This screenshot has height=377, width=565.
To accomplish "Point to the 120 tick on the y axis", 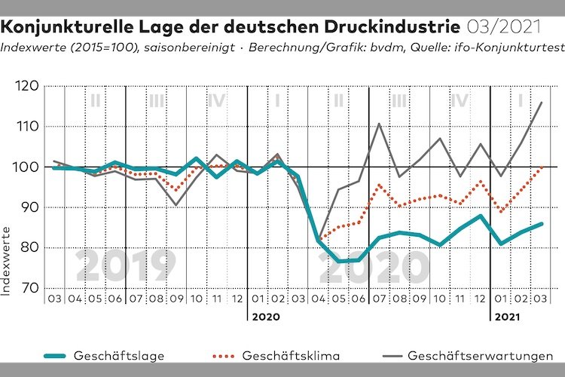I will coord(30,87).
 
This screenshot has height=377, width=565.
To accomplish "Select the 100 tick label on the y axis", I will coord(30,167).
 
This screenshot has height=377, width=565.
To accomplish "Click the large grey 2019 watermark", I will coord(125,265).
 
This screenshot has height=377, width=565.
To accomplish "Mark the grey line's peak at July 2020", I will coord(378,123).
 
